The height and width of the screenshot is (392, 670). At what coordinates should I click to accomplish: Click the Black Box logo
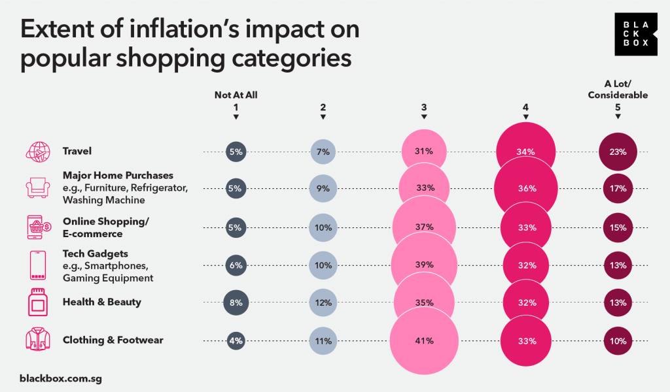[x=635, y=33]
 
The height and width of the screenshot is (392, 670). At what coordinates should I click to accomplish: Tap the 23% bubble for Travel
[x=618, y=152]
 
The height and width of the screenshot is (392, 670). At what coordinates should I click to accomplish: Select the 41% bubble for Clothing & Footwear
[x=424, y=340]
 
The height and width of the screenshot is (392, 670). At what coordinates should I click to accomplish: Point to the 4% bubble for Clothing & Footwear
[x=236, y=340]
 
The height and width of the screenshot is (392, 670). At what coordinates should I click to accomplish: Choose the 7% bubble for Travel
[x=323, y=152]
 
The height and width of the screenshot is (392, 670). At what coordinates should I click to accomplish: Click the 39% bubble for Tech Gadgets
[x=424, y=265]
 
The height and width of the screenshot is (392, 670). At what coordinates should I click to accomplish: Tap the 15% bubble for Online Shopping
[x=618, y=228]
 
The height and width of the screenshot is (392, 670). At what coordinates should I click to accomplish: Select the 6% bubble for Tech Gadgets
[x=236, y=265]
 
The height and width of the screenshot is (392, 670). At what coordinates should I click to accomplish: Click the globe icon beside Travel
[x=37, y=152]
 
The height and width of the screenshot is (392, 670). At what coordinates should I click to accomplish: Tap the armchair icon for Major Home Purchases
[x=37, y=188]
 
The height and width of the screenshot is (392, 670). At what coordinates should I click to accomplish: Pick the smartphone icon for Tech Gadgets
[x=37, y=265]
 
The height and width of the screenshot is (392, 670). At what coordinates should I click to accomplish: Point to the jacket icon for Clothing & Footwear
[x=37, y=340]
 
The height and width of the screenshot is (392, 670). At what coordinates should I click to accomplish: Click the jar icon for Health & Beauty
[x=37, y=302]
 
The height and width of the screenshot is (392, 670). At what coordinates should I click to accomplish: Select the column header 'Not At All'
[x=236, y=95]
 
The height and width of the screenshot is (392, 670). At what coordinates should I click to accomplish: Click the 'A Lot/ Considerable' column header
[x=618, y=90]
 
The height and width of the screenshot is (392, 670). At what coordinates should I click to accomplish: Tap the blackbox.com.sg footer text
[x=61, y=378]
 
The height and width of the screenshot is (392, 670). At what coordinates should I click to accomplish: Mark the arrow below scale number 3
[x=424, y=117]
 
